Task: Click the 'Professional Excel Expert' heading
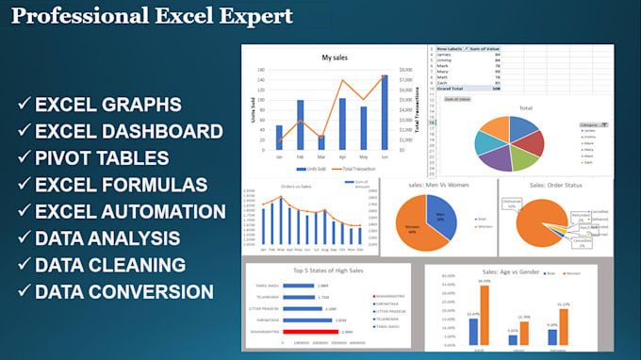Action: point(154,16)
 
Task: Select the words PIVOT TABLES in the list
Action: point(103,157)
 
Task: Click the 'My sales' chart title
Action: point(335,57)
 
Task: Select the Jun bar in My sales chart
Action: point(385,107)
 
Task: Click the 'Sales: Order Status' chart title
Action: point(556,187)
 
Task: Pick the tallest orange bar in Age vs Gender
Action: point(485,313)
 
